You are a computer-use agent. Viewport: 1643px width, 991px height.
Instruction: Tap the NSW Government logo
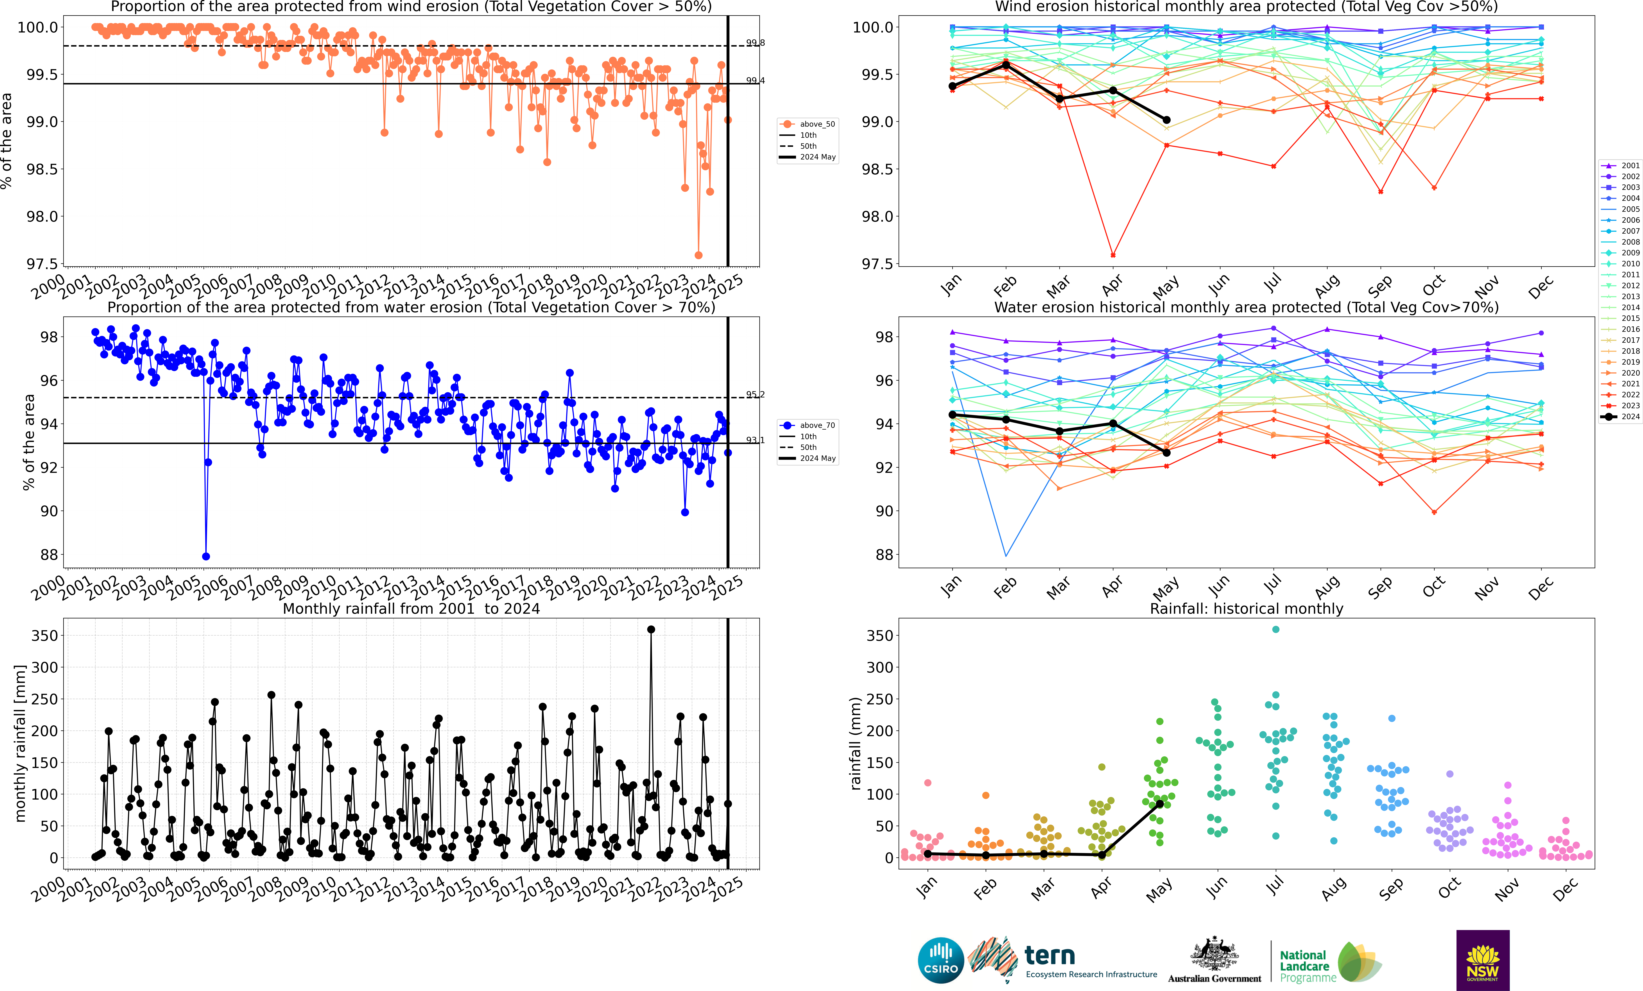[1482, 960]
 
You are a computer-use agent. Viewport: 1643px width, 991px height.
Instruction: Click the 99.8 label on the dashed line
[755, 43]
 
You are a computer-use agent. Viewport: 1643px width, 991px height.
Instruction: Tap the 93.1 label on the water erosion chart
[755, 440]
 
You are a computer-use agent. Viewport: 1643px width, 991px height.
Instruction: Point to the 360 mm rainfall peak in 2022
[651, 629]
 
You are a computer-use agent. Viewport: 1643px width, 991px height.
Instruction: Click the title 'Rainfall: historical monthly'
[1246, 608]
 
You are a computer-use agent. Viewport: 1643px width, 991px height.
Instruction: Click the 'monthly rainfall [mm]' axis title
[20, 743]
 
